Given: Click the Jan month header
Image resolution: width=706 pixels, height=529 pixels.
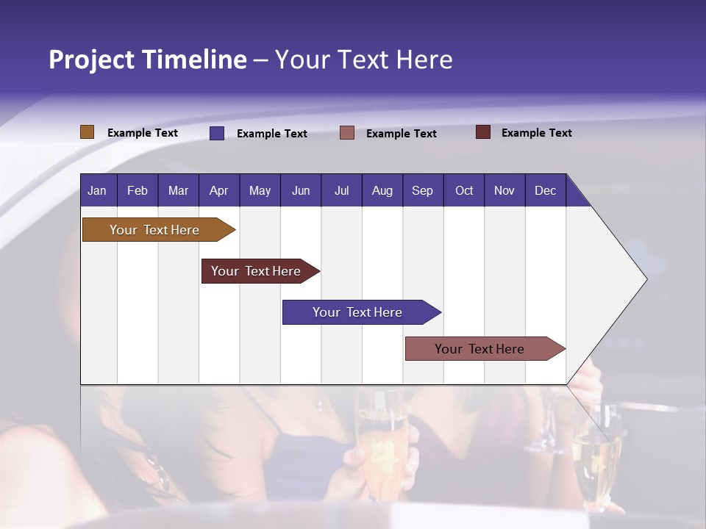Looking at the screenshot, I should [x=98, y=190].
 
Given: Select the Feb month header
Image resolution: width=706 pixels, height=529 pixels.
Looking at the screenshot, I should [x=138, y=190].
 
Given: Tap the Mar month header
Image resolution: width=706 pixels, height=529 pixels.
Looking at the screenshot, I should [x=178, y=190].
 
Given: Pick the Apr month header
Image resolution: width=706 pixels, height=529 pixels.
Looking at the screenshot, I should [x=219, y=190].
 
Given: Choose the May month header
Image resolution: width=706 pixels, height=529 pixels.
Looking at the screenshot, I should [x=260, y=190].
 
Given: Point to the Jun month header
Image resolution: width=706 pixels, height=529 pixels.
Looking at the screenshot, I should [x=301, y=190].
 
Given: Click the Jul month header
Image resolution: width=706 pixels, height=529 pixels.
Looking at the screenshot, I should [x=341, y=190].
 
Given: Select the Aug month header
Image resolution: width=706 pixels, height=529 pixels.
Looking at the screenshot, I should [x=382, y=190].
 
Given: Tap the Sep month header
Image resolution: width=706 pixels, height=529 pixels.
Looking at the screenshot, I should [x=423, y=190].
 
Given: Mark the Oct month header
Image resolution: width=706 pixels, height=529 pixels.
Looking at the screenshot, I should [x=464, y=190].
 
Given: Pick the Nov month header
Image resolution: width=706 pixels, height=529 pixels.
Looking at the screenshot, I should [x=504, y=190].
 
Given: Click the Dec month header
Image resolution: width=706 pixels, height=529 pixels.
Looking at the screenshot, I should [x=546, y=190].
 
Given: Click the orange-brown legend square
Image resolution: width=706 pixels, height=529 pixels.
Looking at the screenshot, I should [x=88, y=132].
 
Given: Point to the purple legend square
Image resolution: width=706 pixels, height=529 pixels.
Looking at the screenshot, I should [x=217, y=133].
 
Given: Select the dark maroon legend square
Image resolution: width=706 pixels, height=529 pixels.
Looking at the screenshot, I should [x=483, y=132].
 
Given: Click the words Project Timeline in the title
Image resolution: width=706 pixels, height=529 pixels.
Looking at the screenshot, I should [x=148, y=60].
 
